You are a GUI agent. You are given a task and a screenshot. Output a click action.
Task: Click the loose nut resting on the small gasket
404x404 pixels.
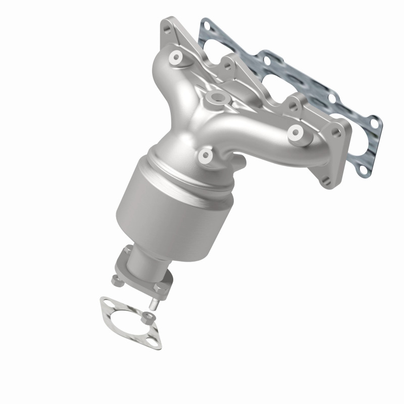click(x=147, y=317)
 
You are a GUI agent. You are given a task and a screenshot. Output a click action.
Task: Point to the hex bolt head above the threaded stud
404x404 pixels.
click(x=161, y=288)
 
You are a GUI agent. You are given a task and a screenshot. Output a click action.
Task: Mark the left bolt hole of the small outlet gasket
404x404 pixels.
click(x=105, y=304)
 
